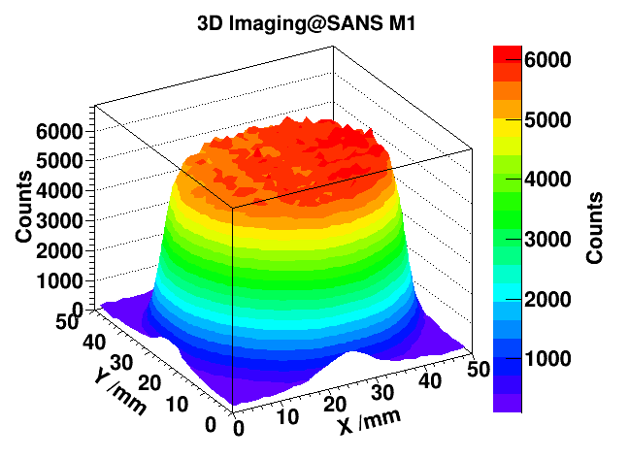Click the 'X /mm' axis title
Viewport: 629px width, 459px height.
click(367, 423)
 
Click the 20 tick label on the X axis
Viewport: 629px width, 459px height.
click(335, 404)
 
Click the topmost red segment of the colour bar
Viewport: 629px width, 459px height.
click(508, 52)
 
